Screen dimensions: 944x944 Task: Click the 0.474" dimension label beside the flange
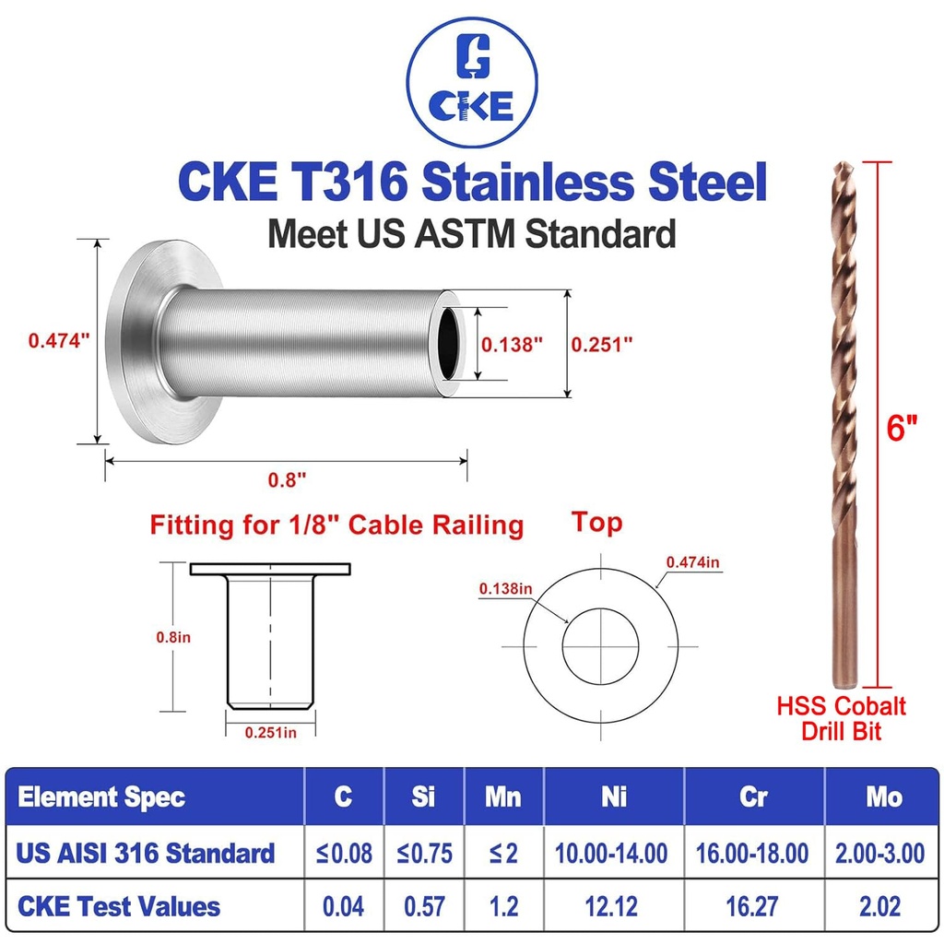click(x=59, y=339)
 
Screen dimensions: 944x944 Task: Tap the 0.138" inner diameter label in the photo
click(x=513, y=345)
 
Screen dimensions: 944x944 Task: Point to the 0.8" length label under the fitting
click(x=287, y=478)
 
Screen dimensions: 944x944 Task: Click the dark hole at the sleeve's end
click(x=450, y=342)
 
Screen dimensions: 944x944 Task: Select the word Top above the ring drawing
click(x=596, y=523)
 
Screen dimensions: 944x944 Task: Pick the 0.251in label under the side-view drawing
click(x=270, y=731)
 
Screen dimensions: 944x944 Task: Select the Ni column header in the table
click(x=614, y=796)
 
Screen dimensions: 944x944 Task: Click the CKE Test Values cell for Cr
click(x=753, y=906)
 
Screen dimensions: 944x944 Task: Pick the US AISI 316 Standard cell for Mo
click(x=883, y=852)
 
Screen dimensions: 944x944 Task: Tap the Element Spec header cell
click(x=101, y=796)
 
